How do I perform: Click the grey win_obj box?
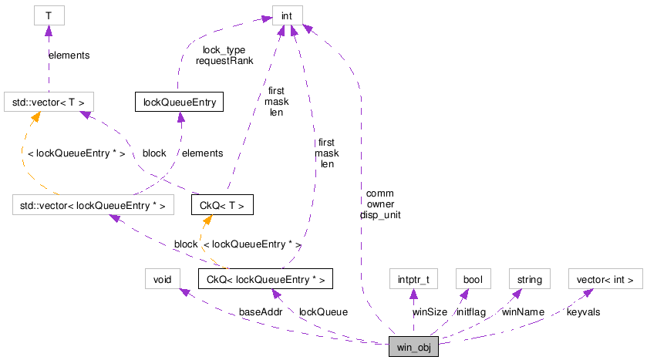(x=414, y=347)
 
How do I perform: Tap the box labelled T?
(x=48, y=15)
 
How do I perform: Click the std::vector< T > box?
(x=49, y=102)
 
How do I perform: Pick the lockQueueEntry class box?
(x=179, y=102)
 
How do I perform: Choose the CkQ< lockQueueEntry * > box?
(x=265, y=278)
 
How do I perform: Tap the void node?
(x=162, y=278)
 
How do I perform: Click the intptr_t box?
(x=413, y=278)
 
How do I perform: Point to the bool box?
(x=468, y=278)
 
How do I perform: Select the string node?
(x=529, y=278)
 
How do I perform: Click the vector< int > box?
(x=605, y=278)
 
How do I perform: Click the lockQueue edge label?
(x=323, y=311)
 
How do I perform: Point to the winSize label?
(x=430, y=311)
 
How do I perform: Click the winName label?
(x=523, y=311)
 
